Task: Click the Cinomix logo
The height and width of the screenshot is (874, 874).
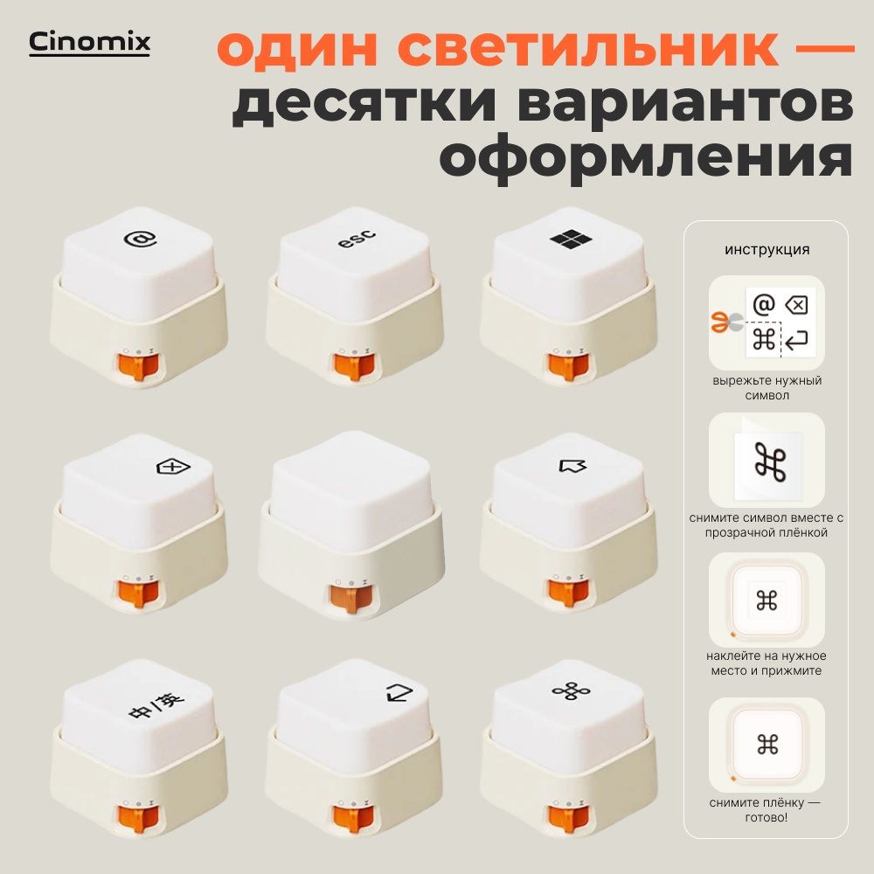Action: (89, 43)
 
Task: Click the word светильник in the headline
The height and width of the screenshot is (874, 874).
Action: (588, 48)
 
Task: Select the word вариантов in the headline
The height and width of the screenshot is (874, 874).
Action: (685, 104)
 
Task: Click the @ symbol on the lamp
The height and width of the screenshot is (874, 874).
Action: (140, 239)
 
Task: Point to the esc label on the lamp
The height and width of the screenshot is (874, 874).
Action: (357, 238)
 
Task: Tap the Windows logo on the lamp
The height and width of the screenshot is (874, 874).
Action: (571, 239)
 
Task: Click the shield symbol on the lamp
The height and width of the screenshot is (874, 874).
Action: (173, 467)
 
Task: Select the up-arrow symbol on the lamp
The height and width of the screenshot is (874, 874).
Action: (572, 466)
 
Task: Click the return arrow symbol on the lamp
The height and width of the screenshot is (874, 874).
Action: (399, 693)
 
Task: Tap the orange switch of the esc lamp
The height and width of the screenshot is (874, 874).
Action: (353, 367)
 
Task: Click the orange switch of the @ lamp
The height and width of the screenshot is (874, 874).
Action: (138, 367)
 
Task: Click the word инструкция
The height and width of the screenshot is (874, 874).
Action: (767, 250)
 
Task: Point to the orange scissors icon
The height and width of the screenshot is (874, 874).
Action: (726, 323)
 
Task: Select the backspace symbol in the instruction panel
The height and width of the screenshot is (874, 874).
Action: (796, 305)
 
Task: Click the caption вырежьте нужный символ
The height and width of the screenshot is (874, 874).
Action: (767, 388)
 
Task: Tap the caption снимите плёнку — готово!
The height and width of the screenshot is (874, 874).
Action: (766, 810)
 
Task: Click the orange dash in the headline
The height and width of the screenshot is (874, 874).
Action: (824, 49)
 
